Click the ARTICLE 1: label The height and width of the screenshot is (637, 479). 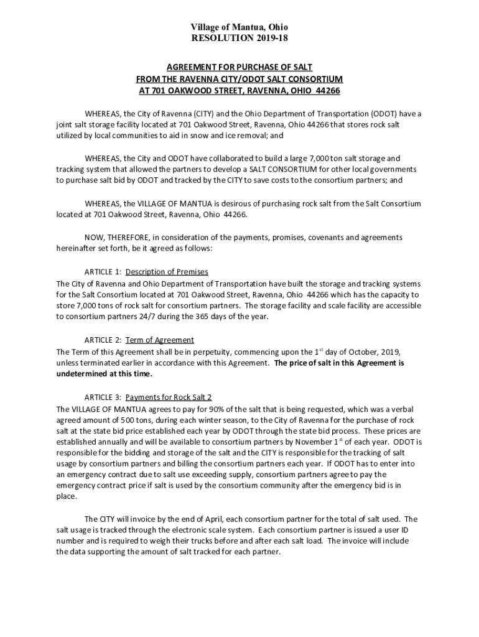(103, 272)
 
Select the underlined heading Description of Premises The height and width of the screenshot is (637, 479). (167, 272)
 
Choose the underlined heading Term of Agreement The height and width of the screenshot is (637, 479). (160, 340)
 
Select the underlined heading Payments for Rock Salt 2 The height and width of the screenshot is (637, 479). (169, 397)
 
